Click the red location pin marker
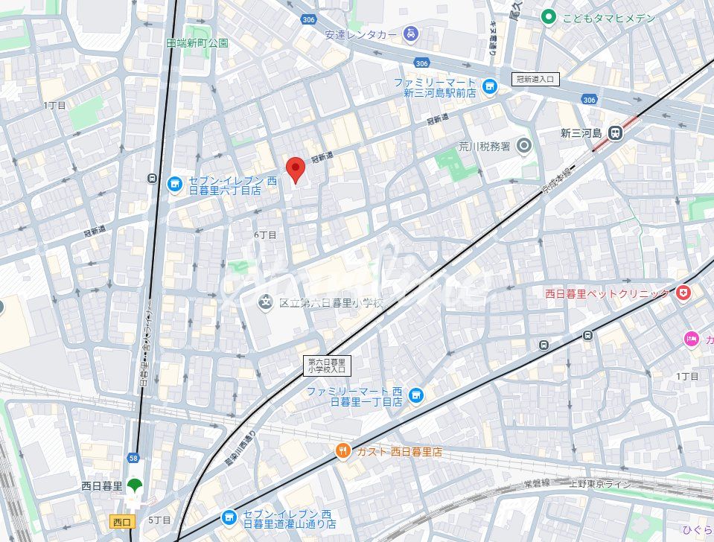pos(296,170)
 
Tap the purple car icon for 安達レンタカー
pos(410,34)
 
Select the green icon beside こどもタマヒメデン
pos(549,16)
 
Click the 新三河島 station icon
pos(614,133)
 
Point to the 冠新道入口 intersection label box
pos(535,79)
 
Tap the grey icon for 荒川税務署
pos(523,147)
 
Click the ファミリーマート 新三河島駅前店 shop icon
pos(489,87)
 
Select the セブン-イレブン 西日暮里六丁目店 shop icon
pos(174,183)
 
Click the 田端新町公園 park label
pos(197,43)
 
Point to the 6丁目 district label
pos(265,235)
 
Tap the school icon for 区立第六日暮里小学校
pos(265,302)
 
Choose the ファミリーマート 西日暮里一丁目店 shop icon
pos(415,395)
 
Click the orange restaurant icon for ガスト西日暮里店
pos(342,451)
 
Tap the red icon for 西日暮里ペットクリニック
pos(683,293)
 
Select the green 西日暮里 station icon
pos(134,486)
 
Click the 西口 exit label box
pos(120,520)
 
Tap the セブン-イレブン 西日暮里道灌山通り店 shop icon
pos(229,517)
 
